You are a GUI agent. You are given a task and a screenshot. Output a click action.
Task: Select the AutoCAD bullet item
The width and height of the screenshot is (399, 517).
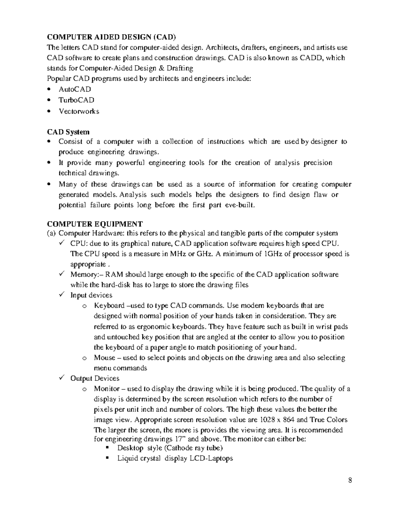[75, 89]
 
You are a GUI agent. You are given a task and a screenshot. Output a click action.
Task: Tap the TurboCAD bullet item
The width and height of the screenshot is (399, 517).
[76, 100]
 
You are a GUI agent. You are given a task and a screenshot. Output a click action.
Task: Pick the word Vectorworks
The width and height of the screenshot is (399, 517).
[79, 111]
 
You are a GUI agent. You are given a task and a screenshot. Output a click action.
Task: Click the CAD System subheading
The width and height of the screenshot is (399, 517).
[68, 132]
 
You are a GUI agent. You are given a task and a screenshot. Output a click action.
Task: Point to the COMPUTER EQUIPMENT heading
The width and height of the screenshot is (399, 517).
[95, 224]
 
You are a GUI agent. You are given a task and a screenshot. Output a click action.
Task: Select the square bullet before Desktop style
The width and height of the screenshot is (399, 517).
[107, 448]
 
